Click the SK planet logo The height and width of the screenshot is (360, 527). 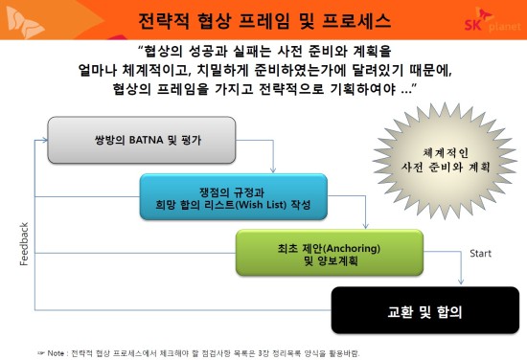click(x=493, y=20)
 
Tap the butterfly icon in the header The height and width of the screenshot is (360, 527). click(x=25, y=21)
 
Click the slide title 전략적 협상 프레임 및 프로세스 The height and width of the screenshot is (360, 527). click(x=264, y=20)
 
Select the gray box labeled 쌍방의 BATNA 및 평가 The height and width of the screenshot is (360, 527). click(x=142, y=140)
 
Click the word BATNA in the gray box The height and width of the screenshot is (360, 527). click(x=146, y=140)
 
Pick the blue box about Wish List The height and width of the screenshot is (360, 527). click(x=234, y=197)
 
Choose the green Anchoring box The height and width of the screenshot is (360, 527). click(x=330, y=253)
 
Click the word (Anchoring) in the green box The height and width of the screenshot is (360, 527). click(x=352, y=249)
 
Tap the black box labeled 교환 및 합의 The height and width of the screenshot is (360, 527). click(x=425, y=310)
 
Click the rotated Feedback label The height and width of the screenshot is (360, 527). click(x=24, y=244)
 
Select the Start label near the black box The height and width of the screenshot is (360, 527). click(x=480, y=254)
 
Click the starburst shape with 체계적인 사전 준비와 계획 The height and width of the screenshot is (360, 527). click(x=446, y=161)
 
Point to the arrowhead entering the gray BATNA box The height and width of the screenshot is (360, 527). click(x=45, y=140)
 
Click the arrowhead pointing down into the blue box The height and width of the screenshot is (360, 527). click(x=273, y=169)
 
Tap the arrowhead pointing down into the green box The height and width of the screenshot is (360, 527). click(x=366, y=226)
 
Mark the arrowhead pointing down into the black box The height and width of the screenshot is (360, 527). click(x=461, y=281)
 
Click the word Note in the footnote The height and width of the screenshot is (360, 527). click(x=56, y=353)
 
